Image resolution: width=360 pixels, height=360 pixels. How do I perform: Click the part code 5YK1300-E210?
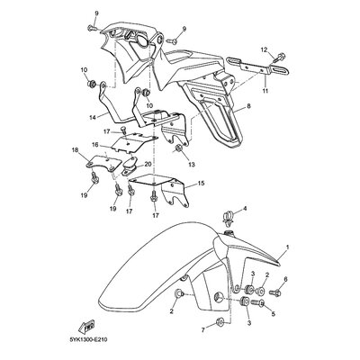click(x=88, y=340)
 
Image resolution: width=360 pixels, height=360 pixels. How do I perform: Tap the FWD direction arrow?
click(x=86, y=327)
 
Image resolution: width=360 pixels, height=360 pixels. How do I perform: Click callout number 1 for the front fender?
click(x=287, y=247)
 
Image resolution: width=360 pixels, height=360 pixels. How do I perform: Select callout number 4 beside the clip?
click(x=245, y=208)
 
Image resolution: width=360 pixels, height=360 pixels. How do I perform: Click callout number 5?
click(x=274, y=314)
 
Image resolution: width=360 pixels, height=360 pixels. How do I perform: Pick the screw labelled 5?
click(x=257, y=303)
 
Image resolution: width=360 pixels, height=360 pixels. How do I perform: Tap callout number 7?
click(x=203, y=330)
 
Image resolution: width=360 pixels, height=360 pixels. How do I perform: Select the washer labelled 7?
click(x=219, y=324)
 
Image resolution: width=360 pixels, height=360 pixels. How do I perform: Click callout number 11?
click(x=265, y=90)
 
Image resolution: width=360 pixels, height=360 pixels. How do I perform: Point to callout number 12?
click(x=264, y=50)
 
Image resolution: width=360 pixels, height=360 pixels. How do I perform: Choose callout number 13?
click(x=192, y=165)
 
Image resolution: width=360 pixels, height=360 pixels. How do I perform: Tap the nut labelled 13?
click(x=178, y=148)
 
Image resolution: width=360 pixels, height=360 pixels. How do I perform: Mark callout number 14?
click(x=92, y=118)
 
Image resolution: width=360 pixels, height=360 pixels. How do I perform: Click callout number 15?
click(x=201, y=183)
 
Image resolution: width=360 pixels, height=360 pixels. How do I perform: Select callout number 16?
click(x=95, y=144)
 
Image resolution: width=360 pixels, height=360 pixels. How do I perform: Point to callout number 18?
click(x=75, y=149)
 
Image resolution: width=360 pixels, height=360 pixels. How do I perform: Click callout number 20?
click(x=148, y=164)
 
